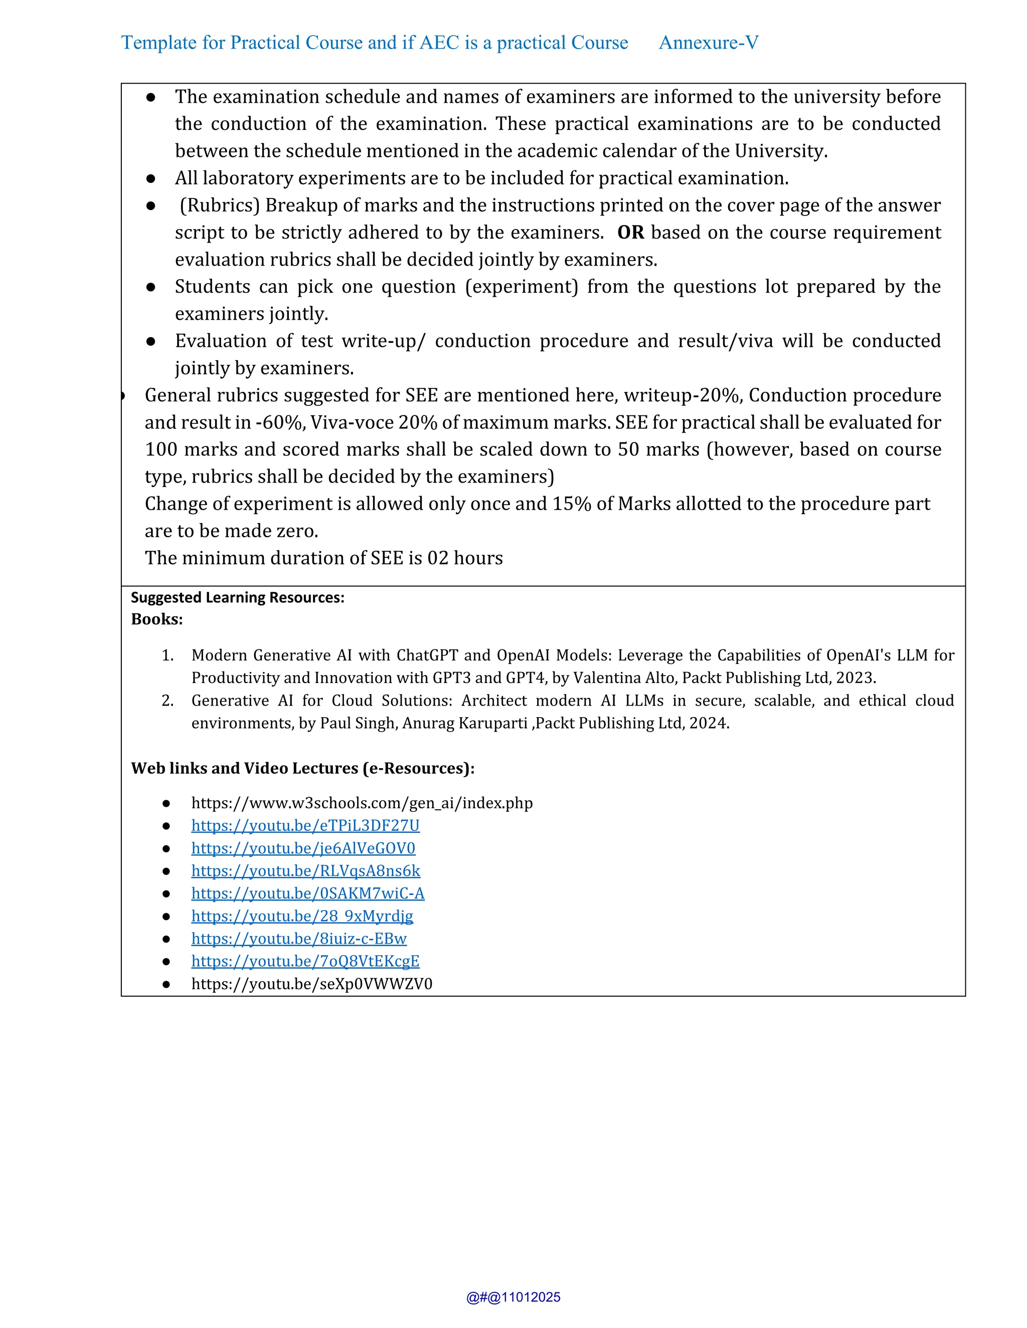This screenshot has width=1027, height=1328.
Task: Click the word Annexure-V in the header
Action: (x=708, y=43)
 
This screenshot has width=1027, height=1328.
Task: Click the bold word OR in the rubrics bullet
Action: (x=630, y=233)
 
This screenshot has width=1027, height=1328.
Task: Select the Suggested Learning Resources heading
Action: (x=237, y=597)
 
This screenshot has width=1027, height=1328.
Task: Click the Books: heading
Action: (x=157, y=619)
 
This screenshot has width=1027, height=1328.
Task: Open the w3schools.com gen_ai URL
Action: (x=362, y=803)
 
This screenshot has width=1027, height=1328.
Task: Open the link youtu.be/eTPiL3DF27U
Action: (x=305, y=825)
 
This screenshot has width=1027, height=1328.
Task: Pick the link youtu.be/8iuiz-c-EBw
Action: (x=299, y=938)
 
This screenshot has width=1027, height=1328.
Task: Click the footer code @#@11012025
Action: (x=513, y=1297)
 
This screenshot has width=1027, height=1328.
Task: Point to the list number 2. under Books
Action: (x=167, y=701)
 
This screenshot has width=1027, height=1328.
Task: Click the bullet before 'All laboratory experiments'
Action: (x=151, y=178)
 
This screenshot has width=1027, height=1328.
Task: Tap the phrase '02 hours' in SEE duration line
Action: (x=465, y=558)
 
